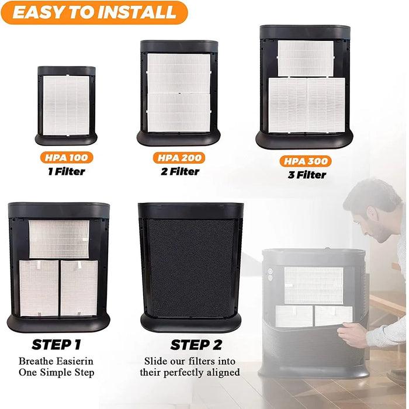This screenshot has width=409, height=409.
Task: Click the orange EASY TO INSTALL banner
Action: point(93,12)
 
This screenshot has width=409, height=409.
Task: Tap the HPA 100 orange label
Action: point(66,158)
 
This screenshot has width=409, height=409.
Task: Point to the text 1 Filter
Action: point(66,171)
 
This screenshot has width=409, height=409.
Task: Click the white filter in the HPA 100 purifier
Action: point(66,105)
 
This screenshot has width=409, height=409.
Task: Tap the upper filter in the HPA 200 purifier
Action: point(178,72)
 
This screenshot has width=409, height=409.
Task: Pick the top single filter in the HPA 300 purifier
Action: point(305,58)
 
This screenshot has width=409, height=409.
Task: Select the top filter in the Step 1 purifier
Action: point(59,239)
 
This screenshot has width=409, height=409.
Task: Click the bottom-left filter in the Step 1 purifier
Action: point(39,288)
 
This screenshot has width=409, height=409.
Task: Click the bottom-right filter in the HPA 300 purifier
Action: point(326,105)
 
